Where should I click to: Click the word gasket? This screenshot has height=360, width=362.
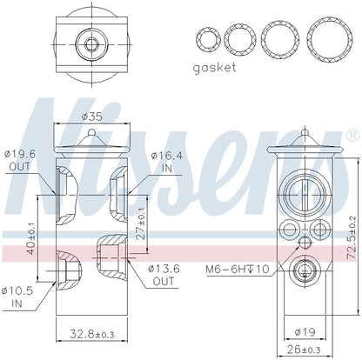(214, 68)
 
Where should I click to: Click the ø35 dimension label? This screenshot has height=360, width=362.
(91, 117)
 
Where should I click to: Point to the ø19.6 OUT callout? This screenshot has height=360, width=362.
(20, 160)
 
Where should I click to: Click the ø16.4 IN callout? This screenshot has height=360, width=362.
(167, 162)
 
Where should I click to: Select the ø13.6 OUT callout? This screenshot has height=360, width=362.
(164, 275)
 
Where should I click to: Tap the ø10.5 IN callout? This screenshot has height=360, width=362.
(17, 297)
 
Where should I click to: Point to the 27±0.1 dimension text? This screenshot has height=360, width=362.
(141, 223)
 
